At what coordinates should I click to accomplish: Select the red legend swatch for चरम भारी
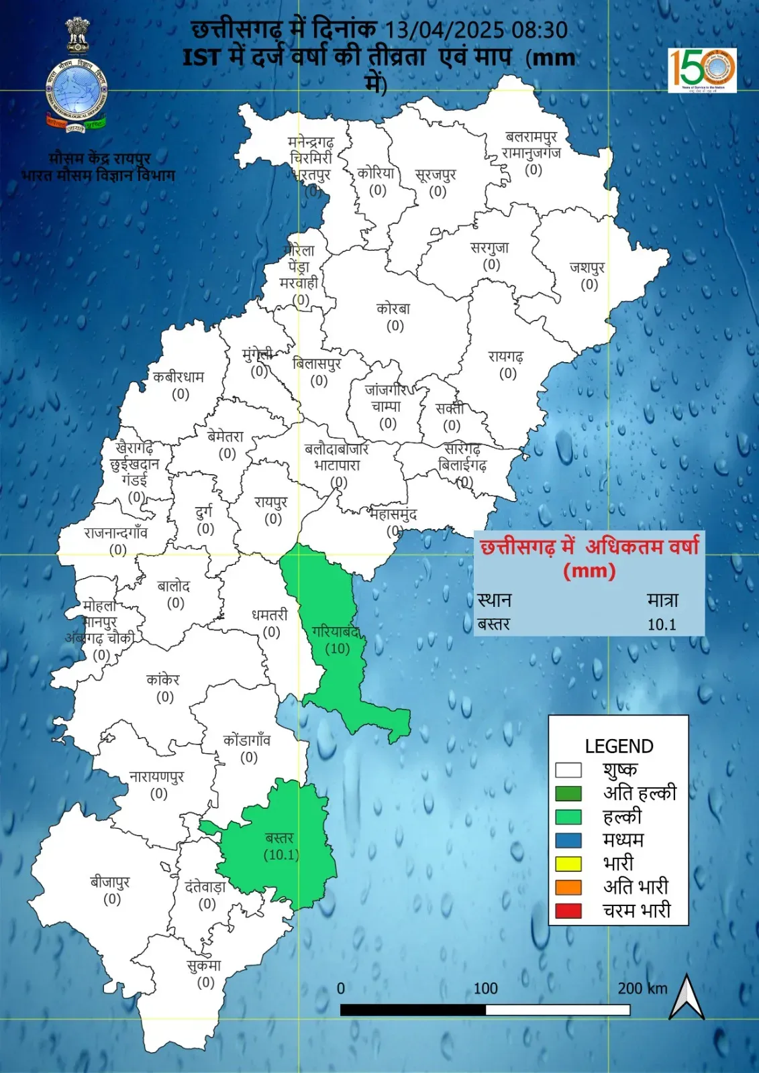pyautogui.click(x=568, y=911)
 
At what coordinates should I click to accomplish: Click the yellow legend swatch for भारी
pyautogui.click(x=568, y=864)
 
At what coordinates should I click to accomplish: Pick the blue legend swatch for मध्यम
pyautogui.click(x=568, y=840)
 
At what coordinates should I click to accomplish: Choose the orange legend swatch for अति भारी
pyautogui.click(x=568, y=887)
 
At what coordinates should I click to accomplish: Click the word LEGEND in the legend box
pyautogui.click(x=619, y=746)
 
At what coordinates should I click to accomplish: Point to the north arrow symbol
pyautogui.click(x=687, y=997)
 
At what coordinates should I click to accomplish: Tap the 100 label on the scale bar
pyautogui.click(x=485, y=989)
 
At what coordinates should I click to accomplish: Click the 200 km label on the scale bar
pyautogui.click(x=642, y=989)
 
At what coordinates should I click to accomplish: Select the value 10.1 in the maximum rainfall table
pyautogui.click(x=662, y=624)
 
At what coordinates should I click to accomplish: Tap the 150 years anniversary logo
pyautogui.click(x=702, y=69)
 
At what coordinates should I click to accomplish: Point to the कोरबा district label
pyautogui.click(x=393, y=309)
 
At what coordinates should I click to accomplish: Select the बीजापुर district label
pyautogui.click(x=110, y=882)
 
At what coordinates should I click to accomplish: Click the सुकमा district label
pyautogui.click(x=204, y=966)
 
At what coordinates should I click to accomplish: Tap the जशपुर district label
pyautogui.click(x=588, y=268)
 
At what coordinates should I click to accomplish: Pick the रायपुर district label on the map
pyautogui.click(x=271, y=502)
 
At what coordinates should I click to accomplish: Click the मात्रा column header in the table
pyautogui.click(x=662, y=600)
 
